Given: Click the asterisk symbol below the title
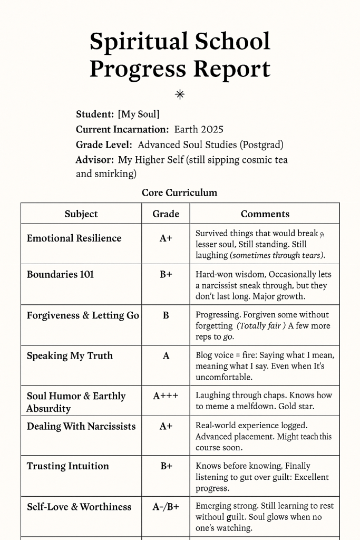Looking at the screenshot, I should (180, 94).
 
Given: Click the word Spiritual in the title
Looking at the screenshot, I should (138, 41).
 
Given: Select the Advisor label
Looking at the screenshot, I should (95, 159).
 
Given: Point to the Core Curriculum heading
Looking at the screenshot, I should (179, 192).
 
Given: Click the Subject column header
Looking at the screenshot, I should (81, 214).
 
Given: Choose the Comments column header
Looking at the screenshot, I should (265, 214).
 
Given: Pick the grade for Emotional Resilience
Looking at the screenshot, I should (166, 238).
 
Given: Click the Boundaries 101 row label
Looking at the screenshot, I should (60, 274).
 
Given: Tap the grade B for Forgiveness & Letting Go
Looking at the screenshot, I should (166, 315).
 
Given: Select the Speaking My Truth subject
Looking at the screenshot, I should (70, 356).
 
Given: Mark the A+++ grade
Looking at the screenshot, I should (166, 396).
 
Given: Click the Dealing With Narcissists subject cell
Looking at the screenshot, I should (81, 426).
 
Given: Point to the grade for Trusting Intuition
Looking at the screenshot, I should (166, 466).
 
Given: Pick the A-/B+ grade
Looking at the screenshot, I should (166, 507).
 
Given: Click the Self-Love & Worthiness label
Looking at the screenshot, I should (79, 507).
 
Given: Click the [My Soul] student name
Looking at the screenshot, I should (139, 114).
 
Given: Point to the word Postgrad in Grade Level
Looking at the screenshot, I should (259, 144).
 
